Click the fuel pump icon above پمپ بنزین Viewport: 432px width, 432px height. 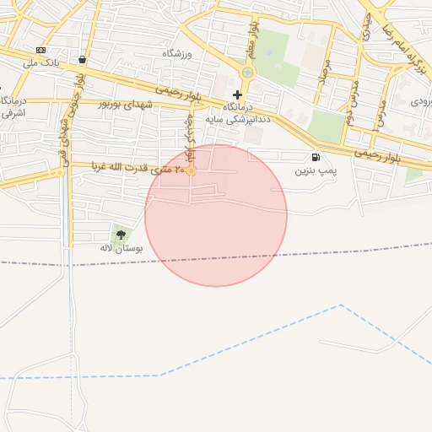(x=316, y=157)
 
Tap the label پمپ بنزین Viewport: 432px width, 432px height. (x=316, y=170)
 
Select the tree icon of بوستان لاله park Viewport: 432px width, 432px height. (x=121, y=235)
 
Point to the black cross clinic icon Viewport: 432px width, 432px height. (x=237, y=94)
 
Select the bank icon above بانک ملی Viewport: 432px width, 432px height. (x=40, y=51)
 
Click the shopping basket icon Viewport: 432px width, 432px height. (x=82, y=60)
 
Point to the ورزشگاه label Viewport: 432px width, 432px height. (x=178, y=53)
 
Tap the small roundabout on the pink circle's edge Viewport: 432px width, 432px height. (x=192, y=170)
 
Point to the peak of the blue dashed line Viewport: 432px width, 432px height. (x=341, y=305)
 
